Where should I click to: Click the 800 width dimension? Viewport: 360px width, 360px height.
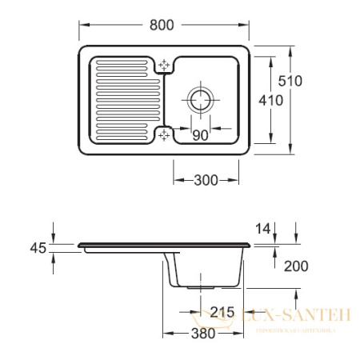pyautogui.click(x=162, y=25)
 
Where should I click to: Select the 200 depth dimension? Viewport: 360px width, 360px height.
pyautogui.click(x=294, y=266)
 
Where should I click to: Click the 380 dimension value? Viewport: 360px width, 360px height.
pyautogui.click(x=203, y=334)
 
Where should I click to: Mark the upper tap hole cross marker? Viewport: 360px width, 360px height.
pyautogui.click(x=165, y=66)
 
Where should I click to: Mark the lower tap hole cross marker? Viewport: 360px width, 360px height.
pyautogui.click(x=165, y=134)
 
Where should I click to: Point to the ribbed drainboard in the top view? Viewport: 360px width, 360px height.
pyautogui.click(x=120, y=99)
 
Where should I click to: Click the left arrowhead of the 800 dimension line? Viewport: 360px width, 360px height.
pyautogui.click(x=81, y=25)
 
